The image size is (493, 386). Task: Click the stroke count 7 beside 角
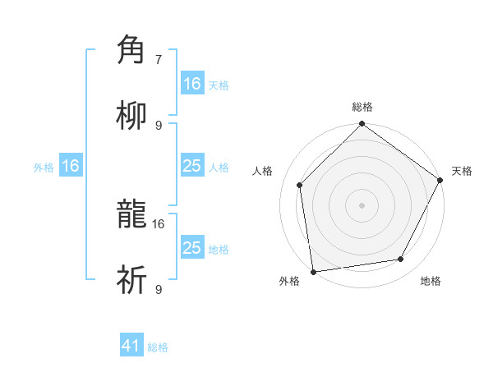(x=159, y=60)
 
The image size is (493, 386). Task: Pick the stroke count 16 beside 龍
(x=159, y=223)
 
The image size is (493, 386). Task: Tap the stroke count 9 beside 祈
(x=159, y=290)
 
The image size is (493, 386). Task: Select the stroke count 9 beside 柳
(x=159, y=125)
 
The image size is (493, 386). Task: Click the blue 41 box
(x=131, y=346)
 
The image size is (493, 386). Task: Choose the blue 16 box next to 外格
(x=71, y=166)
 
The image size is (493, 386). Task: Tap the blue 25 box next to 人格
(x=191, y=166)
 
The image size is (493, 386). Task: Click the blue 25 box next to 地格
(x=191, y=248)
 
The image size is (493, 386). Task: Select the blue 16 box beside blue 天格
(x=191, y=84)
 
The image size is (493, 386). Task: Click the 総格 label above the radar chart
(x=362, y=107)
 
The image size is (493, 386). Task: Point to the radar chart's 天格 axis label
(x=462, y=171)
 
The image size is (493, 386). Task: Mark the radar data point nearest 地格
(x=401, y=260)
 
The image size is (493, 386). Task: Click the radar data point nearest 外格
(x=313, y=272)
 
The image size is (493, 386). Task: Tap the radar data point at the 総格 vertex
(x=362, y=125)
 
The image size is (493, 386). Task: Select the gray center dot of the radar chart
(x=362, y=204)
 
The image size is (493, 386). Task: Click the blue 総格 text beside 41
(x=158, y=347)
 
